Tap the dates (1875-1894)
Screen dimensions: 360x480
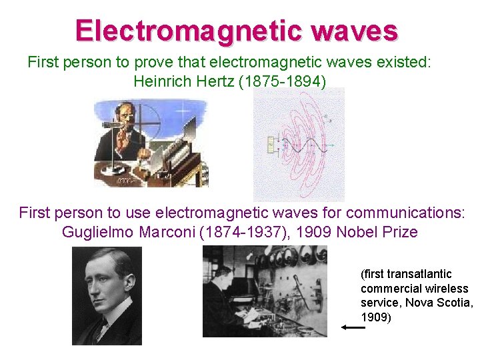tap(288, 81)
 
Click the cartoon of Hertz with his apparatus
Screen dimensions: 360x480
tap(151, 142)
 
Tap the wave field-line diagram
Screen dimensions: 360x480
tap(299, 143)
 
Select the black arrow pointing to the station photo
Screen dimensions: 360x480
tap(353, 327)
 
